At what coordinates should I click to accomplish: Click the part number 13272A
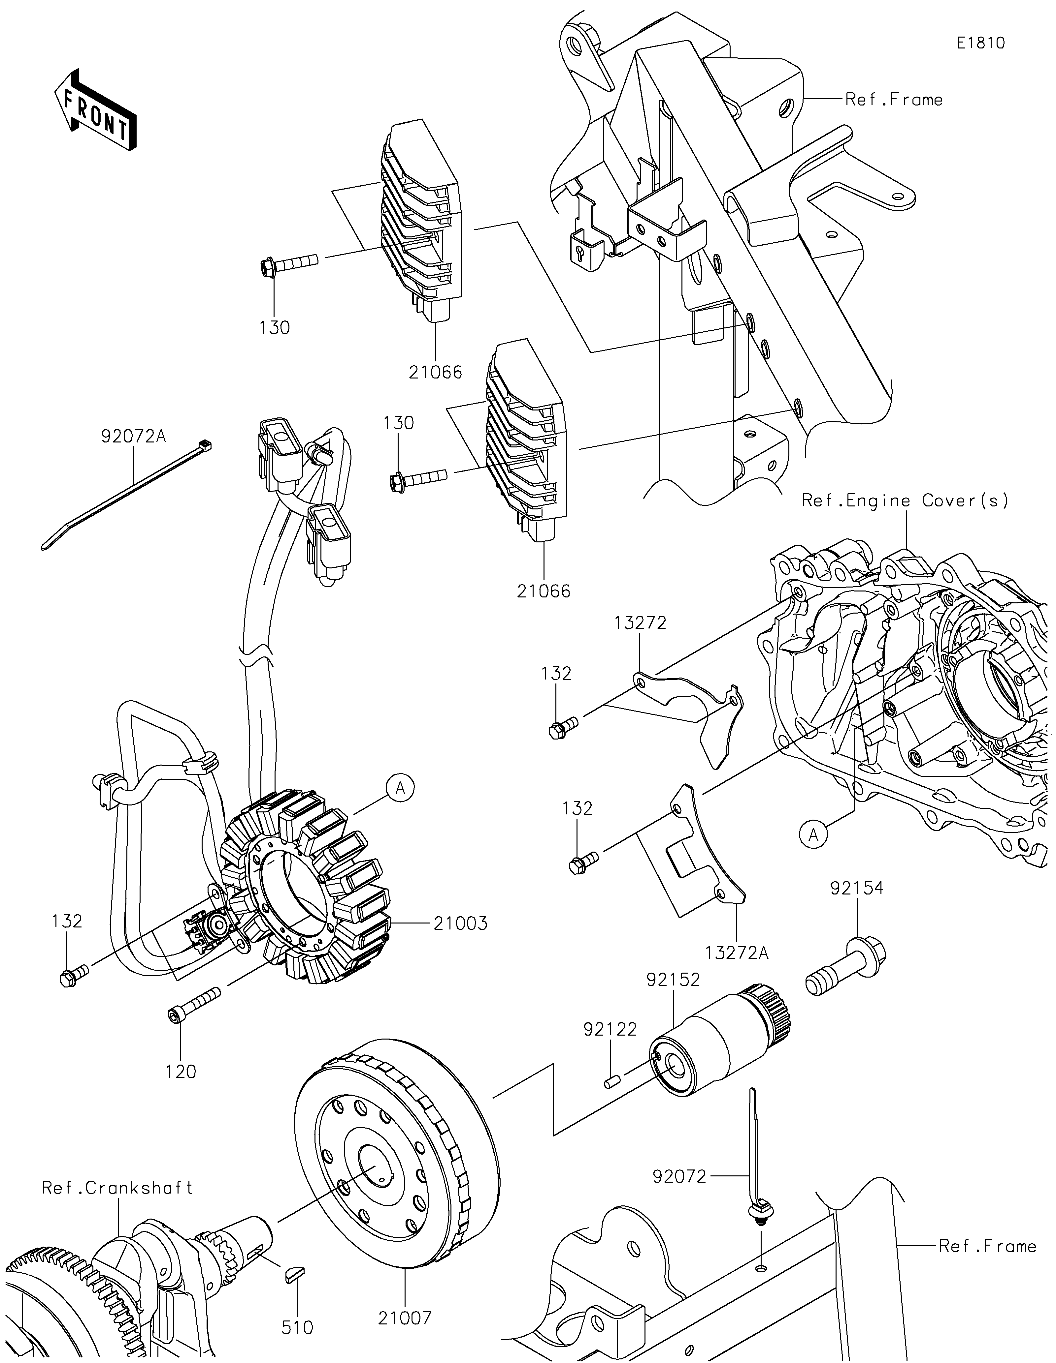coord(737,953)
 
